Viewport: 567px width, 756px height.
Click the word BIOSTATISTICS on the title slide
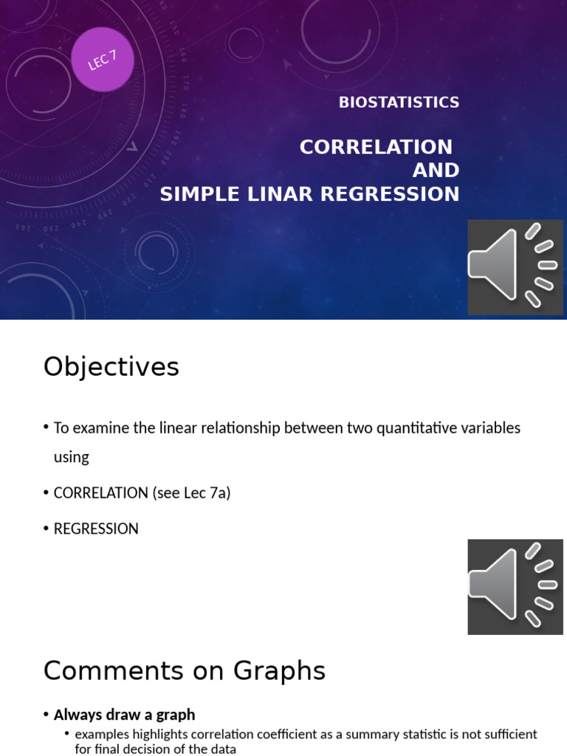click(x=399, y=103)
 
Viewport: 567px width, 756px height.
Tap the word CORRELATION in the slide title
click(x=376, y=147)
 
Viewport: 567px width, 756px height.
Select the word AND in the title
click(x=436, y=171)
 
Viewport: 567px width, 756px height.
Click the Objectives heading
click(x=111, y=367)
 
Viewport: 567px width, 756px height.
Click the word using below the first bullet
click(x=72, y=457)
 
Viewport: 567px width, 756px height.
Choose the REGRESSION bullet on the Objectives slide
click(x=96, y=529)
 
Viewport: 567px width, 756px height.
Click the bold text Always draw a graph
click(x=124, y=715)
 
